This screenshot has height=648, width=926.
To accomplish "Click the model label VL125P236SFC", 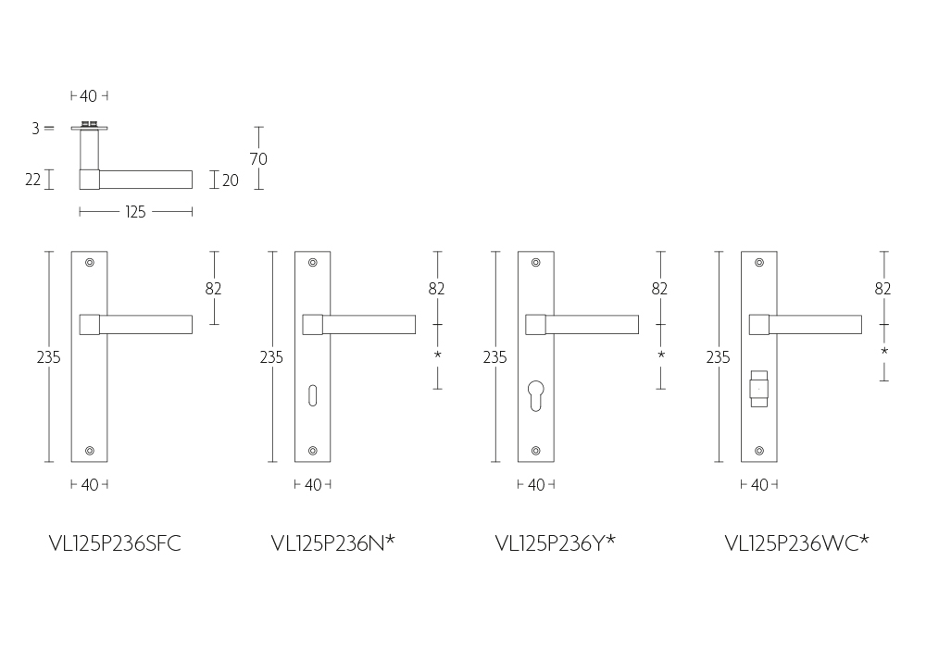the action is coord(115,543).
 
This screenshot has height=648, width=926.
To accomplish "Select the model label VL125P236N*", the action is coord(333,543).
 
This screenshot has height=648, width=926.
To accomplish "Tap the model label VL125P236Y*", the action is coord(555,543).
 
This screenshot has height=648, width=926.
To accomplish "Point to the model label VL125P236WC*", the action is coord(796,543).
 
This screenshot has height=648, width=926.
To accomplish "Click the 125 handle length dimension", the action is coord(135,212).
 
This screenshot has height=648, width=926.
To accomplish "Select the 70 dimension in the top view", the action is coord(258,158).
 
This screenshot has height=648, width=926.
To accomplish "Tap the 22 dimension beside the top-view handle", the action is coord(33,180).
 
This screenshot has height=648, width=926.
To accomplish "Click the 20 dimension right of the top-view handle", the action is coord(231,181).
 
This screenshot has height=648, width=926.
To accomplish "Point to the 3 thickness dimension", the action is coord(35,128).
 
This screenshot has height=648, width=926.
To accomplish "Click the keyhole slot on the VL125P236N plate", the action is coord(312,395).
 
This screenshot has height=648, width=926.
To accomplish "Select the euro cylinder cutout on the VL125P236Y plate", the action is coord(535,396).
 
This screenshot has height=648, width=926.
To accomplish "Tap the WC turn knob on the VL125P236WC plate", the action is coord(759,389).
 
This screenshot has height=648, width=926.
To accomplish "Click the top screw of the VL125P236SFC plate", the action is coord(90,263).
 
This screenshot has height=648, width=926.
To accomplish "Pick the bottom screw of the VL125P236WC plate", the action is coord(759,451).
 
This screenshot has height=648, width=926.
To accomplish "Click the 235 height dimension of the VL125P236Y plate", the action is coord(494,357).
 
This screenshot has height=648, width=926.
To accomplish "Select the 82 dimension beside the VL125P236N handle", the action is coord(436,289).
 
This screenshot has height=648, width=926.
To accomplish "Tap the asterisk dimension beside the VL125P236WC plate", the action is coord(884,351).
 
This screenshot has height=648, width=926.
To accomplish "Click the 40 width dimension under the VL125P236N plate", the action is coord(313,485).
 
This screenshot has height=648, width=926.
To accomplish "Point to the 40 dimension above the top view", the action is coord(89,96).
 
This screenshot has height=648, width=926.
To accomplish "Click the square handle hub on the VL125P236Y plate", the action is coord(535,325).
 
